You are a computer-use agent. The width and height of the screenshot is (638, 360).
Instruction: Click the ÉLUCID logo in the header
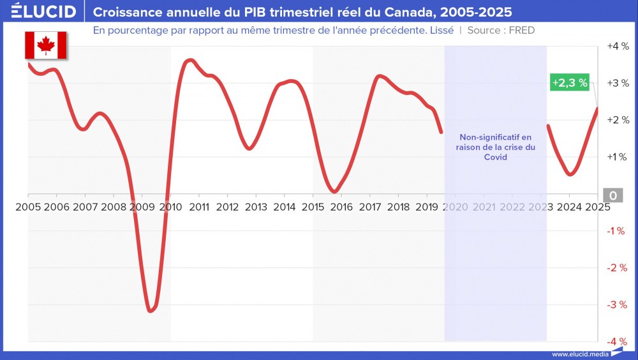point(43,11)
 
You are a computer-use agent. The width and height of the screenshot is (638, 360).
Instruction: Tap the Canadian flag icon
point(45,45)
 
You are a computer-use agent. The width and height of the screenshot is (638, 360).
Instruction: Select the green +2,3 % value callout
point(569,83)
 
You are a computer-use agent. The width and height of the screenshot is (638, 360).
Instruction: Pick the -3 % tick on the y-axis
point(617,304)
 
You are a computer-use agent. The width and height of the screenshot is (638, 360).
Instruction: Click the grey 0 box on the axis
point(612,195)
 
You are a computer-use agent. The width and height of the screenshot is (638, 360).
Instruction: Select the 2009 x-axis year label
point(142,207)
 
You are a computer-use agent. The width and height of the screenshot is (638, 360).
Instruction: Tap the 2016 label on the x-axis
point(341,207)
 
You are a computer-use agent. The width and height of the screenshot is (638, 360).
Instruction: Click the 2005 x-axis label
point(28,207)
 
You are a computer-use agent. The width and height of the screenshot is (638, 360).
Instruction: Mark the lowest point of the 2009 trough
point(150,311)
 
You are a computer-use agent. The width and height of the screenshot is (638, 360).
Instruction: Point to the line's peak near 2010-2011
point(189,61)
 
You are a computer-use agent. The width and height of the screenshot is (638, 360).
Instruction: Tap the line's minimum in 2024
point(570,174)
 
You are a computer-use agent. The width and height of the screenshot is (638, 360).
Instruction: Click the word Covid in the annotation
point(495,157)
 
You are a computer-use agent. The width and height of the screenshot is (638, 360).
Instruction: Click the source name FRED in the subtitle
point(521,30)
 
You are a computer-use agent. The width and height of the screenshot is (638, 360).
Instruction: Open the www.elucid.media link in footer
point(579,354)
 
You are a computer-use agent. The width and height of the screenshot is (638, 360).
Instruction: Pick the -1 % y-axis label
point(617,230)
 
